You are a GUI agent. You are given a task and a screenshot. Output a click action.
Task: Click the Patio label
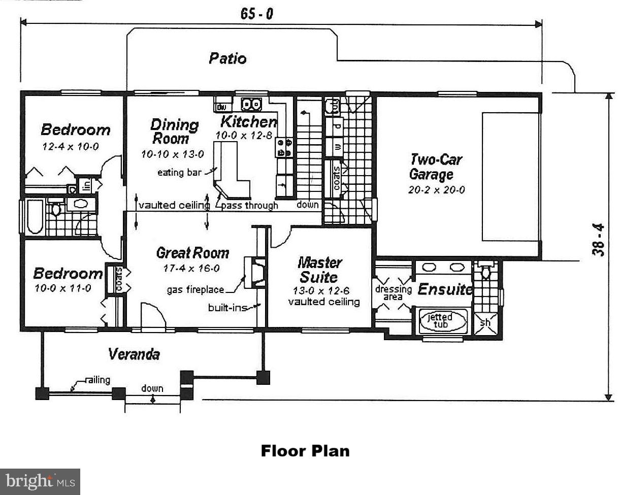[227, 58]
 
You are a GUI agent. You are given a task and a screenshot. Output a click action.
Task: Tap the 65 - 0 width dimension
[256, 14]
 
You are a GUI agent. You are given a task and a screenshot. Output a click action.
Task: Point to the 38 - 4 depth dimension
[598, 240]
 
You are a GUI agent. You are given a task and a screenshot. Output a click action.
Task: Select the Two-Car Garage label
[436, 167]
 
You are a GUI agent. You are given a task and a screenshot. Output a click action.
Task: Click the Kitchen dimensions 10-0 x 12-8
[244, 136]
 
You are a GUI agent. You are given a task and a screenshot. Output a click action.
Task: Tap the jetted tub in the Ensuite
[442, 321]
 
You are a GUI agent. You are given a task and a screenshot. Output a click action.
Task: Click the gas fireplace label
[196, 289]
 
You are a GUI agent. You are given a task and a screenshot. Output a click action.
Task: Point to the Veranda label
[134, 354]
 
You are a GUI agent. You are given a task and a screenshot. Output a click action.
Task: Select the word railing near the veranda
[98, 380]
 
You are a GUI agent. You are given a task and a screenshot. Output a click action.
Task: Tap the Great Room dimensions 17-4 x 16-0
[191, 269]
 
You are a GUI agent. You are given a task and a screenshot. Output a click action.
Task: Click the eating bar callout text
[179, 173]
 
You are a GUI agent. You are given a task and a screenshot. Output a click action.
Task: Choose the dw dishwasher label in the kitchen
[221, 108]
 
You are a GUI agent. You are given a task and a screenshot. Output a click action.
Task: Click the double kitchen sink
[251, 105]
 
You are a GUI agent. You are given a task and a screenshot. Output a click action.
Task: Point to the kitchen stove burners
[284, 147]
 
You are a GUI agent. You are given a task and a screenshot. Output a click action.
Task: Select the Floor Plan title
[305, 451]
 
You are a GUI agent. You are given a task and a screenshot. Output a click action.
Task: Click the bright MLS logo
[40, 482]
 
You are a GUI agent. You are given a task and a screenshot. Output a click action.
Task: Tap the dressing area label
[393, 293]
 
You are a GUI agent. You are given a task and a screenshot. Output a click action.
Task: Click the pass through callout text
[250, 206]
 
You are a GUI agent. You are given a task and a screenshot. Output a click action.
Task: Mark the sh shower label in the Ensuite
[485, 323]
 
